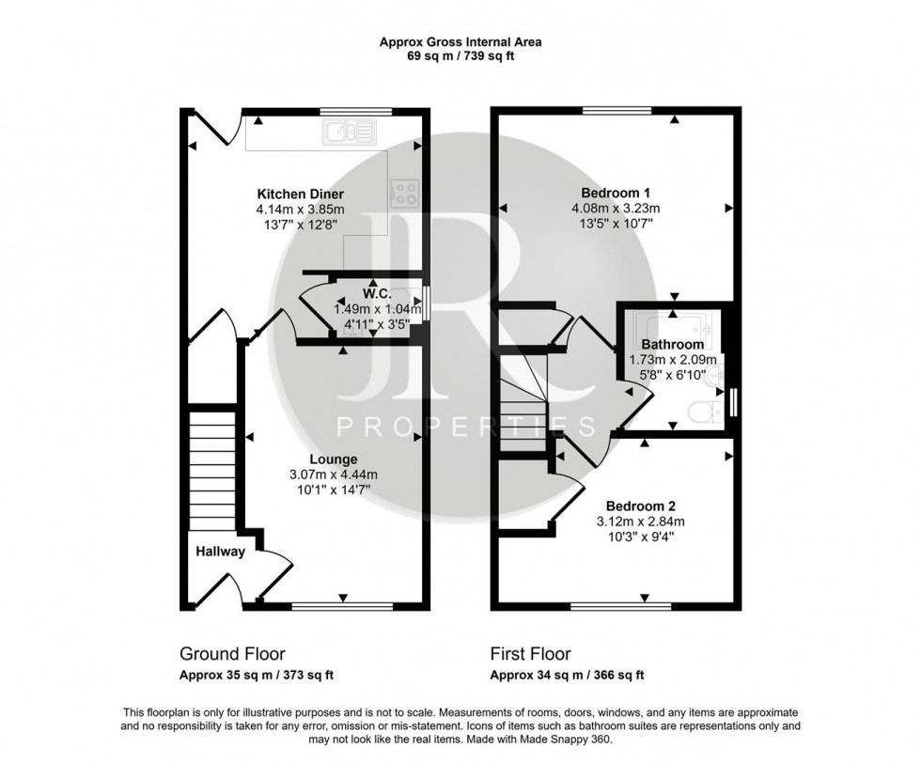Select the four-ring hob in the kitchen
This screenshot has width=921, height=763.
405,194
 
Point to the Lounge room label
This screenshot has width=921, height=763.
336,459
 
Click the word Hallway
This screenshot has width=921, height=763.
220,552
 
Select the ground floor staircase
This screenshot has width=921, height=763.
211,470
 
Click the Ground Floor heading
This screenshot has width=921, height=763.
232,654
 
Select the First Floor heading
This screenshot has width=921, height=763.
530,654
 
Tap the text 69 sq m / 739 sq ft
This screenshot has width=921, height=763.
460,56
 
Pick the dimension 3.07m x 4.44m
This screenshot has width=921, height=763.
336,475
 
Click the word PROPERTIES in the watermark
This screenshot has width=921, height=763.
466,428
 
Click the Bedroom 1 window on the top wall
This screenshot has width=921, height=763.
617,110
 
